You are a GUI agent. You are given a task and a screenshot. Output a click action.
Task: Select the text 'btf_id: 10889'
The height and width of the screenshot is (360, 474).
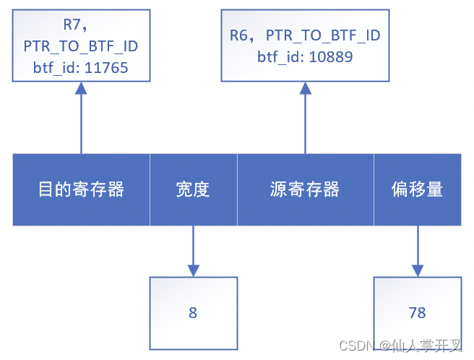coord(305,56)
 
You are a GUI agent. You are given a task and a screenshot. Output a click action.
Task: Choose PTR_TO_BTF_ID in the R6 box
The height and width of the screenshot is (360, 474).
coord(323,35)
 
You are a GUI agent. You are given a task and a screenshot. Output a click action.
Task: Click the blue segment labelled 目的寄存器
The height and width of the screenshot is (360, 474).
coord(81,189)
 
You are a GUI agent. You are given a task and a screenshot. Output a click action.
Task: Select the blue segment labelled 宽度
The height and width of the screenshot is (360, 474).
coord(193,189)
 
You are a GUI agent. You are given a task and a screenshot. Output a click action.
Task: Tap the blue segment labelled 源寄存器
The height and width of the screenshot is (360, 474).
coord(305,189)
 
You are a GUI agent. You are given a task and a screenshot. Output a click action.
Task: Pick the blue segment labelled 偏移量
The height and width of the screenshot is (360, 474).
coord(417,189)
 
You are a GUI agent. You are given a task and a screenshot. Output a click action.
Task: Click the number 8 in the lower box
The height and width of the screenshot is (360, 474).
coord(193,313)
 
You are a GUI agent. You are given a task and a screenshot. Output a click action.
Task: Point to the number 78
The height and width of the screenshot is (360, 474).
coord(417,313)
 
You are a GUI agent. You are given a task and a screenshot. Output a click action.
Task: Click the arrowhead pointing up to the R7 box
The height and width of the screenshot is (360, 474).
coord(81,87)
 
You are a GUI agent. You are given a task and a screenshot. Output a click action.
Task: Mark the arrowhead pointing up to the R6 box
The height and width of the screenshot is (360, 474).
coord(306,87)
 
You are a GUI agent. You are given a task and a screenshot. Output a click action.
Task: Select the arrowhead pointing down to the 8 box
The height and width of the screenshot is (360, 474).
coord(193,270)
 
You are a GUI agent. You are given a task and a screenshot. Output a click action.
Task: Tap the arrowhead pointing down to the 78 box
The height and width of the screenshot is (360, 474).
coord(418,270)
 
